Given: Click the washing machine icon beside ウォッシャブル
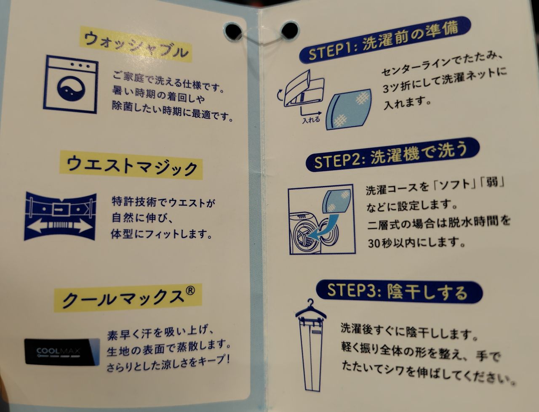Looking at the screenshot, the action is tap(71, 85).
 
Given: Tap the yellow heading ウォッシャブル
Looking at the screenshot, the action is tap(136, 44).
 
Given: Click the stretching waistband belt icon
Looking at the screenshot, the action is tap(60, 216).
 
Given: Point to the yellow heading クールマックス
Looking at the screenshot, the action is tap(128, 298).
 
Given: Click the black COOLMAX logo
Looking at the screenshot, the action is tap(62, 352).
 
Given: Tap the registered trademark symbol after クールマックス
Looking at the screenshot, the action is tap(190, 290).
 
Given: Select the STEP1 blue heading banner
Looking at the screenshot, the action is tap(385, 40).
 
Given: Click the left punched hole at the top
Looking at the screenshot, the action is tap(234, 32).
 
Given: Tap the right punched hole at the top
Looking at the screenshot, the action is tap(290, 30).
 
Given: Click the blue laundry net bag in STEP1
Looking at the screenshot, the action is tap(349, 109).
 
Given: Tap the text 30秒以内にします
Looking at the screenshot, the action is tap(417, 243).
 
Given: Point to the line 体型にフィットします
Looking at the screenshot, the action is tap(161, 234).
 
